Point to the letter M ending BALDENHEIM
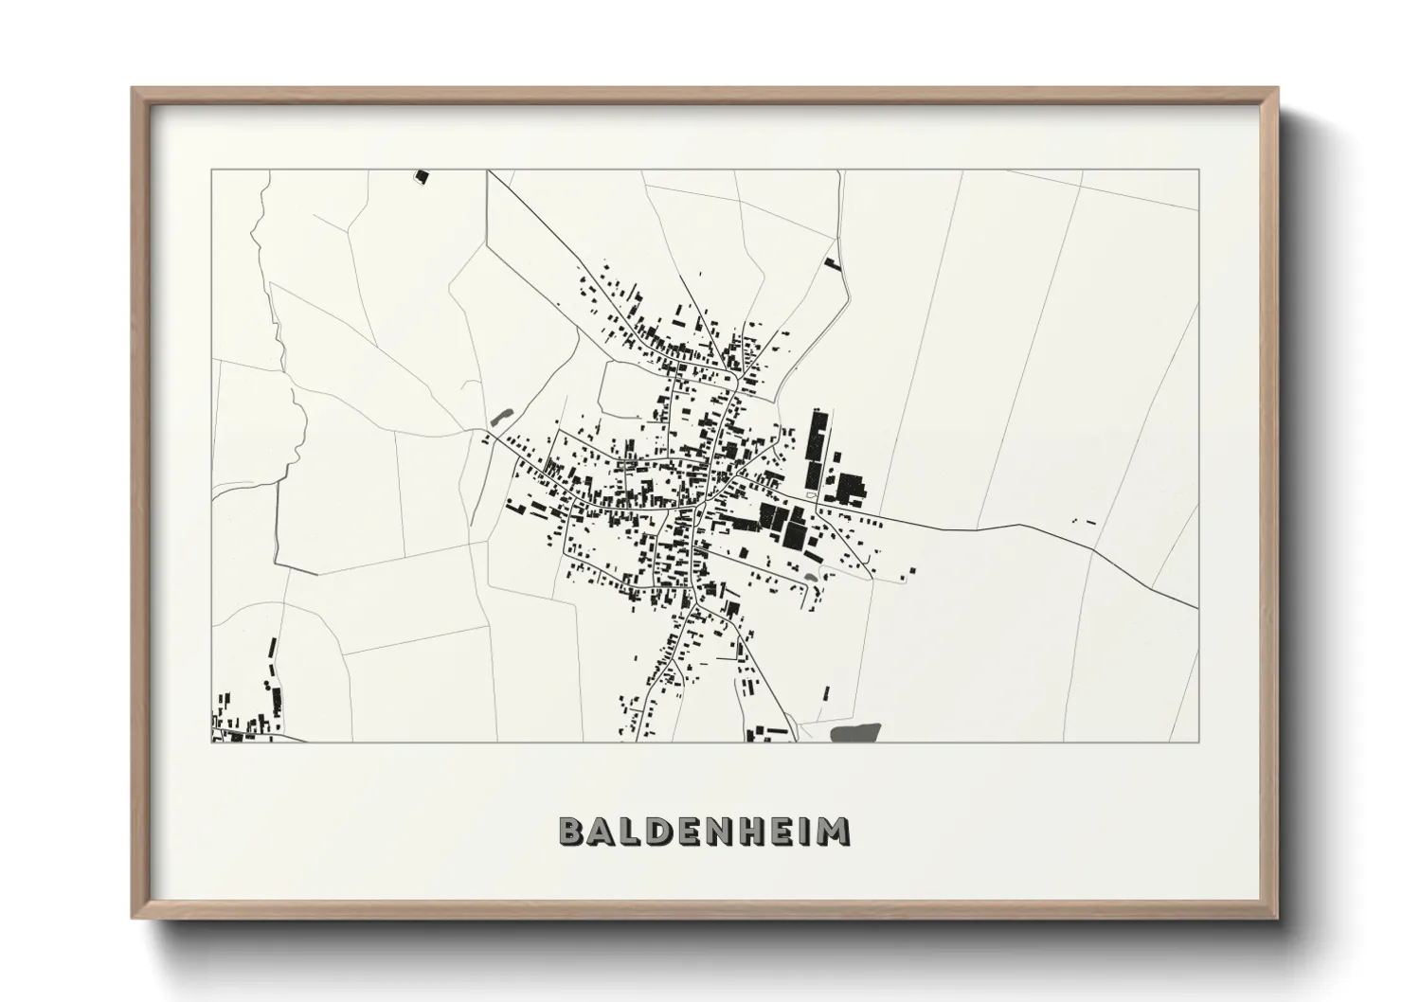tap(834, 831)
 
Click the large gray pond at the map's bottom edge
tap(855, 731)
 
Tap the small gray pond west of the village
tap(501, 416)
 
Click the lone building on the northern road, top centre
tap(833, 262)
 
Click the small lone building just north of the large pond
tap(826, 692)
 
